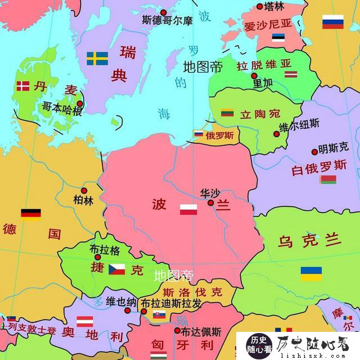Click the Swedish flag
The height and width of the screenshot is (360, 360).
[x=97, y=58]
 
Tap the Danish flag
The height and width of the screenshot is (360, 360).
[x=23, y=86]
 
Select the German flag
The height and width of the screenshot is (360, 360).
[x=31, y=214]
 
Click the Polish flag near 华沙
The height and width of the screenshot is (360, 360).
[x=188, y=210]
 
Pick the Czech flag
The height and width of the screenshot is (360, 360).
[x=117, y=269]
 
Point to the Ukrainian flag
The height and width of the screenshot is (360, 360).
[x=311, y=273]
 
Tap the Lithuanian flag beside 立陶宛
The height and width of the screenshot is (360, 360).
[x=228, y=113]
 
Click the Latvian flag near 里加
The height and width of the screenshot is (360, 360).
[x=290, y=74]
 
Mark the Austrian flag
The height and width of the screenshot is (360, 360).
[x=84, y=322]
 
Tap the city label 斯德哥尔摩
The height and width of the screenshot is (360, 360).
[x=167, y=21]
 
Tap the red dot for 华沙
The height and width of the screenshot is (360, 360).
[x=210, y=202]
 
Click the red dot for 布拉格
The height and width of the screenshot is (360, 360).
[x=98, y=256]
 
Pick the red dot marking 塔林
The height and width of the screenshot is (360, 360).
[x=260, y=7]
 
